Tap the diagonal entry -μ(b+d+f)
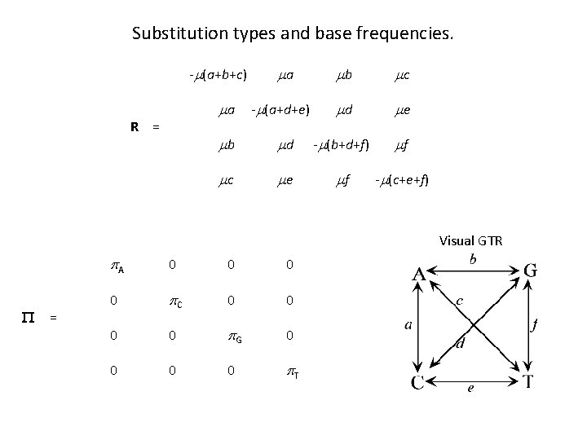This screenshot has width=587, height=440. (x=341, y=145)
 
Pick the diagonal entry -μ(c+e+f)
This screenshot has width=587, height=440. (x=402, y=179)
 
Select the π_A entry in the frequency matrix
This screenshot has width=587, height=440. (x=118, y=265)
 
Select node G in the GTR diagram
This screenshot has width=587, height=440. (x=531, y=271)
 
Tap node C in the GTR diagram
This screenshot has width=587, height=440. (x=417, y=382)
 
